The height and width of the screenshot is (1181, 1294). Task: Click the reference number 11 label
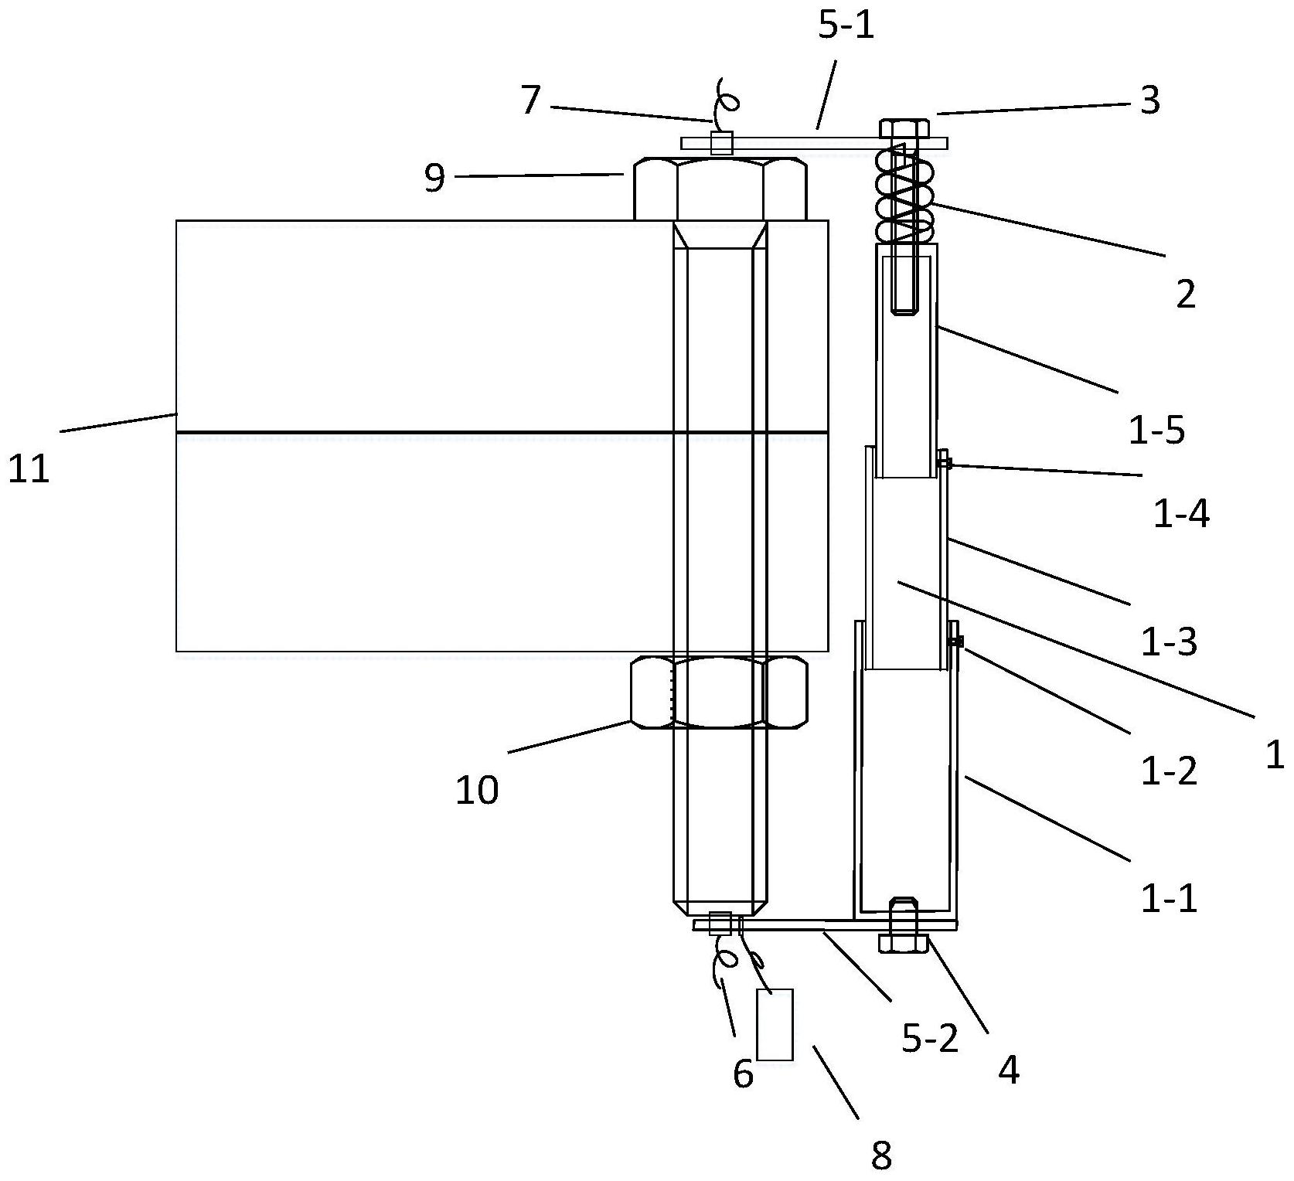pyautogui.click(x=29, y=469)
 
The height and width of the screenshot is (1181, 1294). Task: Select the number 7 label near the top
pyautogui.click(x=530, y=100)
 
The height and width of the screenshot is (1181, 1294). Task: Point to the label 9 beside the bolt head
pyautogui.click(x=435, y=179)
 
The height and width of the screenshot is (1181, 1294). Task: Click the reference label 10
pyautogui.click(x=477, y=791)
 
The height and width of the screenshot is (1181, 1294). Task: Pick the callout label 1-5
pyautogui.click(x=1156, y=431)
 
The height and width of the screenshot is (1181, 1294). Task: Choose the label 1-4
pyautogui.click(x=1181, y=514)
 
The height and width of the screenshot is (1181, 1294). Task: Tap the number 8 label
pyautogui.click(x=881, y=1155)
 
